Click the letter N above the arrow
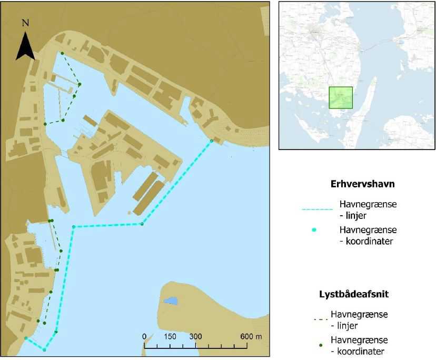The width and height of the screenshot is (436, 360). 25,23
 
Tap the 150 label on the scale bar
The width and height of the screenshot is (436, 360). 170,336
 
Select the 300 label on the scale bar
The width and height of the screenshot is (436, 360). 195,336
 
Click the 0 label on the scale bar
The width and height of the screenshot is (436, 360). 144,336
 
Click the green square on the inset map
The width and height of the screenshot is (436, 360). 341,97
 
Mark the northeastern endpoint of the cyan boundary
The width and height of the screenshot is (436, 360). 212,141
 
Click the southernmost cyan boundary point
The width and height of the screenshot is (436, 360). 45,349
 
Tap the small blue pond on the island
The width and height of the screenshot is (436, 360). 170,302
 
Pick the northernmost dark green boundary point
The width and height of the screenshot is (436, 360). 62,53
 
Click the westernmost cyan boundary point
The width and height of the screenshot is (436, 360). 25,338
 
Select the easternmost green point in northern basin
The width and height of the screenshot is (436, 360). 80,84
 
